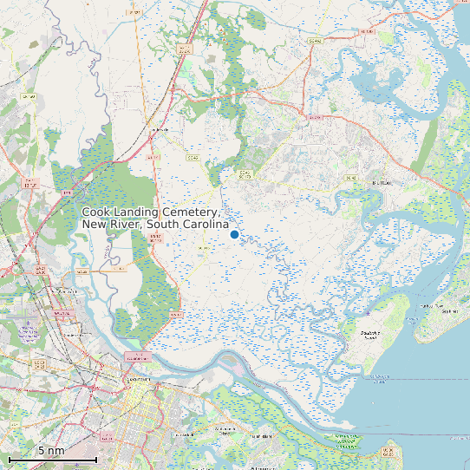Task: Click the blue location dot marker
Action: [x=234, y=234]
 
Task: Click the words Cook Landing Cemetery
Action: [x=151, y=213]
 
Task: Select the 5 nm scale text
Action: [x=51, y=451]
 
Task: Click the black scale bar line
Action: [x=52, y=459]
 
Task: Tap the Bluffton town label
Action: [x=382, y=183]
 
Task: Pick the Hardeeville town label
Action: [x=159, y=130]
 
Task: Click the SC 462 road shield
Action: [x=315, y=41]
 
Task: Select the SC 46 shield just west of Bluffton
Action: [x=350, y=177]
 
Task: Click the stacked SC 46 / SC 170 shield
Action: [x=245, y=174]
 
